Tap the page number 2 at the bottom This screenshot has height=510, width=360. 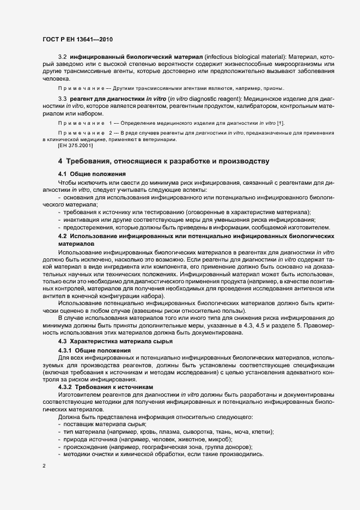pos(44,466)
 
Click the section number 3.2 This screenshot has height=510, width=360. pos(62,57)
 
